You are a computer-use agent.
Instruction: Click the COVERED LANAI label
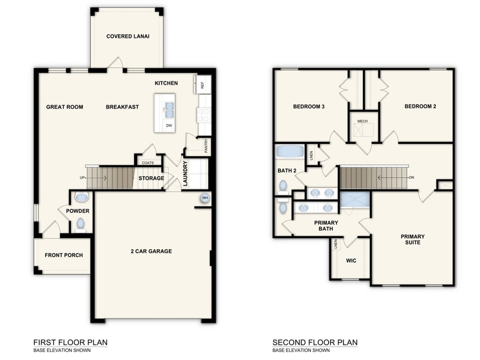tap(128, 36)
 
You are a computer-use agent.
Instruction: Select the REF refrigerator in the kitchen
tap(203, 85)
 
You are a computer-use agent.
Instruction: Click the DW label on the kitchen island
tap(169, 126)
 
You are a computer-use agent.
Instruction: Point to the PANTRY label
tap(206, 146)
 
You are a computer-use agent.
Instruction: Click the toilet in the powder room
tap(80, 224)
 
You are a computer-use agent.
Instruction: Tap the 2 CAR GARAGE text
tap(151, 251)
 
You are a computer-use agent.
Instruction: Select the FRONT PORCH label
tap(64, 255)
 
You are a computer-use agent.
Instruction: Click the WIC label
tap(351, 260)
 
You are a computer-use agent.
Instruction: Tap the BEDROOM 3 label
tap(309, 107)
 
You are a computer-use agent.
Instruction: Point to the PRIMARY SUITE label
tap(413, 239)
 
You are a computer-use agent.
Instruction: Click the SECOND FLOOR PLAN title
tap(315, 343)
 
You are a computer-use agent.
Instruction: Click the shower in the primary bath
tap(354, 200)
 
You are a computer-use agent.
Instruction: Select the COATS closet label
tap(147, 163)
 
